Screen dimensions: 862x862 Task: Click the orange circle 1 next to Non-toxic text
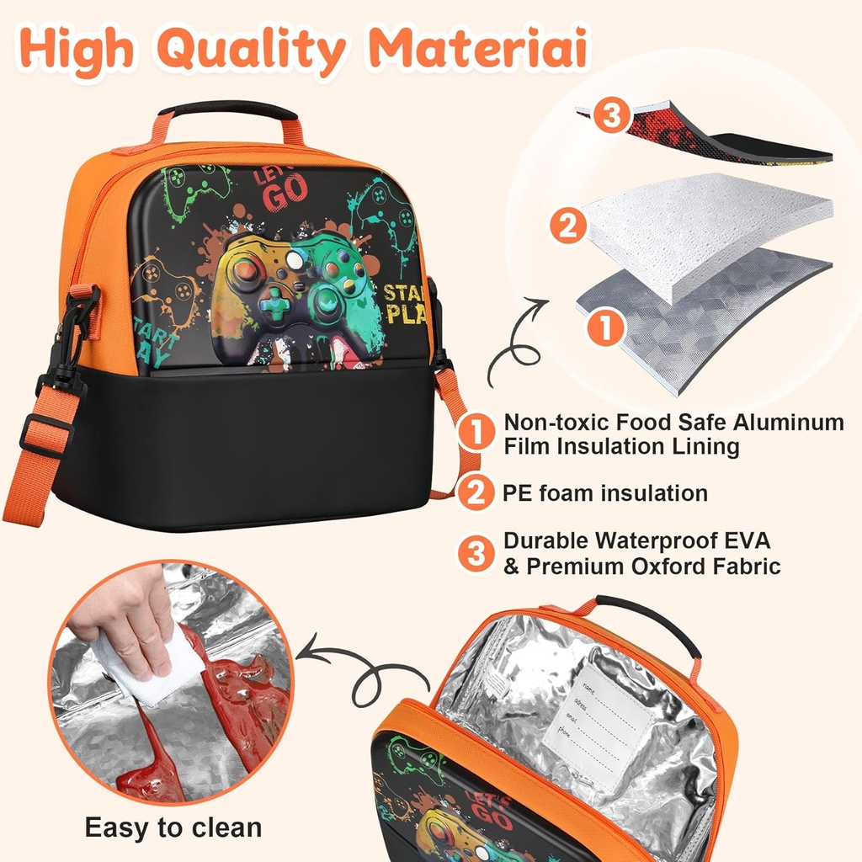point(477,434)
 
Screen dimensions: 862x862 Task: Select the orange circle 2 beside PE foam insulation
point(477,493)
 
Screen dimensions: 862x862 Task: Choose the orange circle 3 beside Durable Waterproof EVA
point(477,553)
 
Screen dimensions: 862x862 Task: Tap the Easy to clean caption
point(173,827)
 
